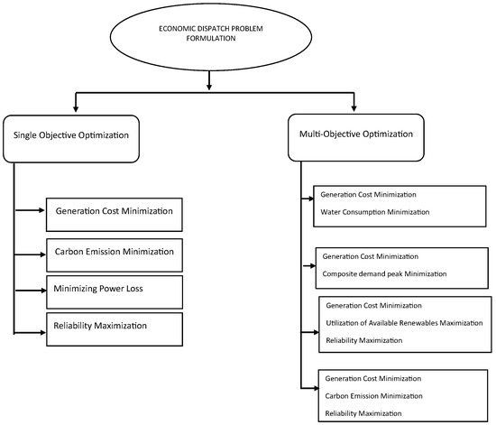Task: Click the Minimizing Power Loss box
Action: tap(115, 290)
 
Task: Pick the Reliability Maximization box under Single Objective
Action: tap(115, 327)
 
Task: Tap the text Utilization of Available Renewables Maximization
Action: tap(404, 322)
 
